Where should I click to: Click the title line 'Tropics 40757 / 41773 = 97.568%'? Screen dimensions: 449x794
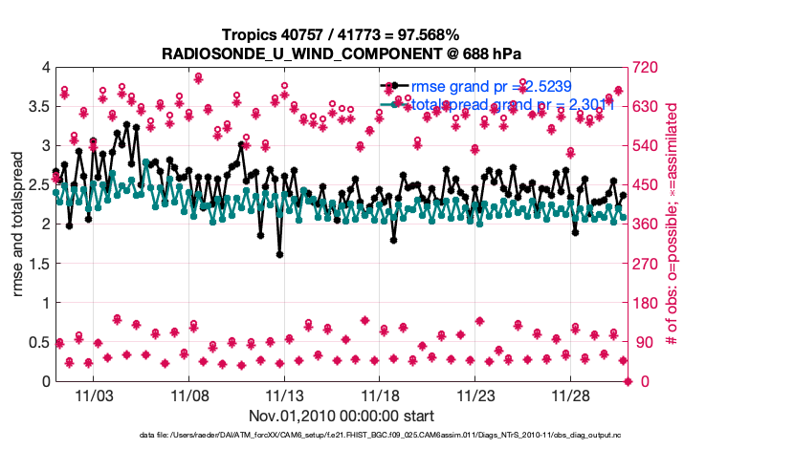342,34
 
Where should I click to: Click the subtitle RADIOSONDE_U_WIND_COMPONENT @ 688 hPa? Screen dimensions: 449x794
342,53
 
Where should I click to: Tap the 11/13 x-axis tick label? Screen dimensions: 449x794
284,395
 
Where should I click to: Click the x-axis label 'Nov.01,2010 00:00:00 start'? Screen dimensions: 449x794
342,416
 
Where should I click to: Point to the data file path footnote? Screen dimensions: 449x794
397,437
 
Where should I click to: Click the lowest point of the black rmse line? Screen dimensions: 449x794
279,255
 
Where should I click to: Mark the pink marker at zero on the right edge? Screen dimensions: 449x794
629,381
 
